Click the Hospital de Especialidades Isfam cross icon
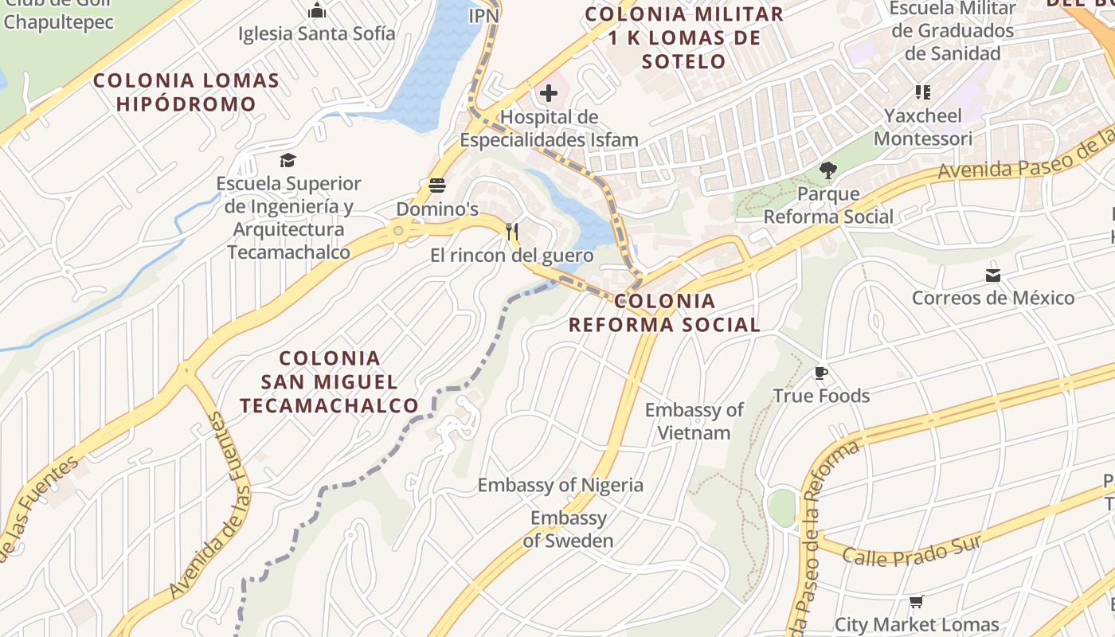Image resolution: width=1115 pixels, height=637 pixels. (x=548, y=94)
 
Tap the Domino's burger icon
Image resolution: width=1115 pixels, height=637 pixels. (x=437, y=186)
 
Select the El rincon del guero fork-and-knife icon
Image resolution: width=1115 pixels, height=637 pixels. (x=512, y=233)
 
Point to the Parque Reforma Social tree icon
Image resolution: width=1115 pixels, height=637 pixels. (x=828, y=170)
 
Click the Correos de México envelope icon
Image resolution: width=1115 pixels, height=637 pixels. (x=992, y=276)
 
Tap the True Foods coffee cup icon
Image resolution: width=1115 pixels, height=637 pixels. (x=821, y=373)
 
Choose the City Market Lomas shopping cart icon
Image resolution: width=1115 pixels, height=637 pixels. (x=916, y=602)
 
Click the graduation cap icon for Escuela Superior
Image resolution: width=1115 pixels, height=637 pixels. (x=288, y=161)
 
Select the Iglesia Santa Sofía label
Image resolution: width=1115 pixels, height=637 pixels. (x=317, y=33)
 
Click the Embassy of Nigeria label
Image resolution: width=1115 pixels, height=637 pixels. (x=560, y=485)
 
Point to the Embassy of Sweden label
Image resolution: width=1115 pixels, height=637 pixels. (x=568, y=530)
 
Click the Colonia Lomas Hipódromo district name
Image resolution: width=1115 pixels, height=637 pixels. (x=186, y=92)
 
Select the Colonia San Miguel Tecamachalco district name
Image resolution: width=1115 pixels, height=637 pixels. (x=329, y=381)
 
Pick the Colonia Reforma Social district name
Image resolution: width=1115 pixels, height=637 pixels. (x=664, y=313)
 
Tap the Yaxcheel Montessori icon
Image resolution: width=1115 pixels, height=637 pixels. (x=922, y=92)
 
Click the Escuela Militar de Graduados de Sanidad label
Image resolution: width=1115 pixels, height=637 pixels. (x=953, y=31)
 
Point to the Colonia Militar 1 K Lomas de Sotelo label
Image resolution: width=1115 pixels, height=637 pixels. (x=684, y=37)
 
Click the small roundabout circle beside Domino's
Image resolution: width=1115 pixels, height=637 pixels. (x=398, y=231)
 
